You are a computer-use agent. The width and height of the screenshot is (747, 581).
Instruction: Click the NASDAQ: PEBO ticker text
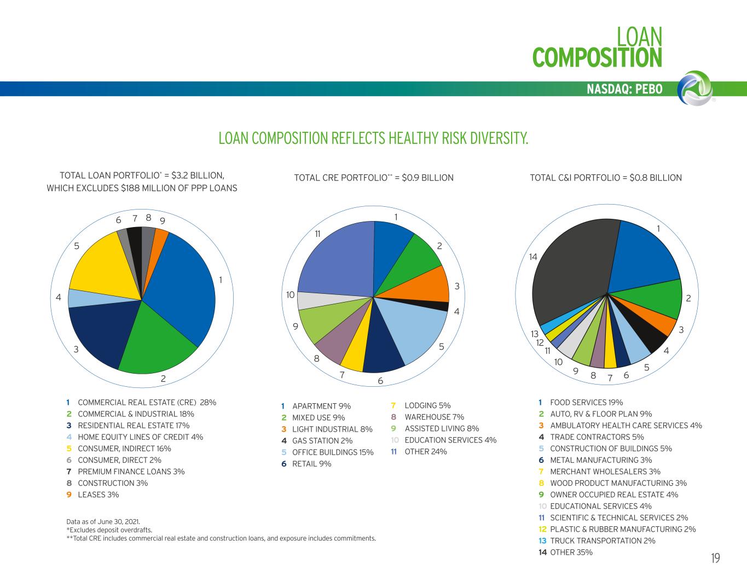(624, 89)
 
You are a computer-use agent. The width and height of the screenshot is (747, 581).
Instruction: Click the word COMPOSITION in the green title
(597, 57)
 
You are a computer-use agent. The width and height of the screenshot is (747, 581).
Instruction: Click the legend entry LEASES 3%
(98, 495)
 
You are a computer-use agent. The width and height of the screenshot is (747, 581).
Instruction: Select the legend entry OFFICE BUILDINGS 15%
(333, 452)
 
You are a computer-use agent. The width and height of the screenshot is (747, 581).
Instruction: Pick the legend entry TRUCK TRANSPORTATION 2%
(603, 541)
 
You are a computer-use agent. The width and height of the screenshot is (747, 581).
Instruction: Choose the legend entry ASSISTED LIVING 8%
(442, 428)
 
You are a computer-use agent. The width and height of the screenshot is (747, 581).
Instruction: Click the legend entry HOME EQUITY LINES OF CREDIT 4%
(140, 437)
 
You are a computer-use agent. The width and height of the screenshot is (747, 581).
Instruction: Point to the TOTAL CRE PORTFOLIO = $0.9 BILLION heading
(374, 178)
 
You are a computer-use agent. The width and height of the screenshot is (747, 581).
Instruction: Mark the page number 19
(715, 558)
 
